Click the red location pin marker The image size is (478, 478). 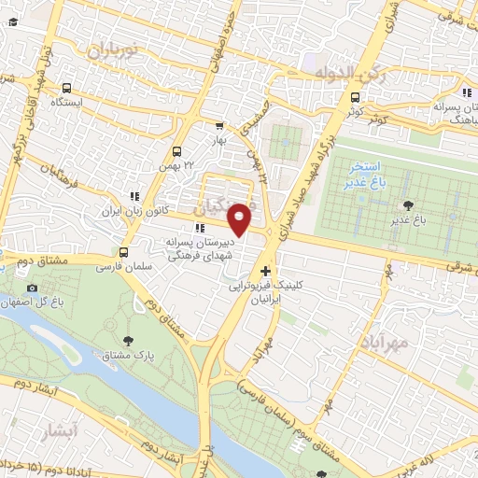click(x=240, y=219)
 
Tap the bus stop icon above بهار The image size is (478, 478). click(x=219, y=126)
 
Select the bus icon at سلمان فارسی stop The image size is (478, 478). click(x=124, y=252)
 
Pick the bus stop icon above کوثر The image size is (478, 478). click(x=354, y=97)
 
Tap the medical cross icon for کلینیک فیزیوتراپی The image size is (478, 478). click(x=266, y=271)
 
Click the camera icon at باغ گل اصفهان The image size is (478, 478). click(x=33, y=288)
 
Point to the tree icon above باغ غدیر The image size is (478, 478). click(x=407, y=204)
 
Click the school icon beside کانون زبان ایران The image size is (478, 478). click(x=135, y=196)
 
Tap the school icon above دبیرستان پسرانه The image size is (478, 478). click(x=198, y=228)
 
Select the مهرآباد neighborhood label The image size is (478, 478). click(x=383, y=343)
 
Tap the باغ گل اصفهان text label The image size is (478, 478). click(x=38, y=302)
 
